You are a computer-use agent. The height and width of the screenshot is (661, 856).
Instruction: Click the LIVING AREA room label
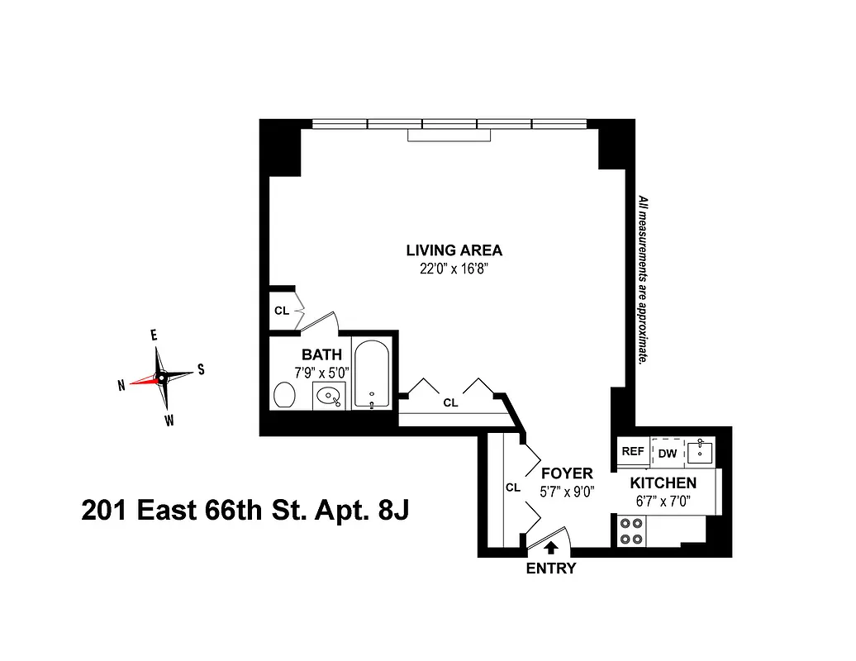coord(454,250)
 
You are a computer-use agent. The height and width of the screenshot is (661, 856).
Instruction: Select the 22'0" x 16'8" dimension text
coord(454,268)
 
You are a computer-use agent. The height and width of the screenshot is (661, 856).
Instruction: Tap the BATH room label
coord(321,354)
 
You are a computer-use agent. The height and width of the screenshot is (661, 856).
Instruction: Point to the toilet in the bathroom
coord(285,395)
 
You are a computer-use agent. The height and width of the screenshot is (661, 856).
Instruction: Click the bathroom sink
coord(331,397)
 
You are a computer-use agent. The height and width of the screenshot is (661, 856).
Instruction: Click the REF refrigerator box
coord(632,452)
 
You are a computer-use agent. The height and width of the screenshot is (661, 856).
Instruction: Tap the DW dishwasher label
coord(667,453)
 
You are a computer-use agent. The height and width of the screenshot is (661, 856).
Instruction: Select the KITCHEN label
coord(663,483)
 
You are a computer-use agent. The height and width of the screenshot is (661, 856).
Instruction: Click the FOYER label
coord(567,473)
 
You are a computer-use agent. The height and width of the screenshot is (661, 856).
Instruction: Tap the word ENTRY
coord(551,568)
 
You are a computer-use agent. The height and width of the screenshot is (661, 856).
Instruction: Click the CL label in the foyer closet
coord(512,487)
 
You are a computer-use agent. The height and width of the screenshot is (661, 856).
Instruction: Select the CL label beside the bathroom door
coord(281,311)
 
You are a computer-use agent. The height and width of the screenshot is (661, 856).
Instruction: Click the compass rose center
coord(162,376)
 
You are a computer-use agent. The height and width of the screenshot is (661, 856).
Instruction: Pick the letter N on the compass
coord(121,384)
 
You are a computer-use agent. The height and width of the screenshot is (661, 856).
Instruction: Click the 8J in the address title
coord(393,511)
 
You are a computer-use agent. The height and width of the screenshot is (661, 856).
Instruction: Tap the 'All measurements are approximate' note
coord(641,281)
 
